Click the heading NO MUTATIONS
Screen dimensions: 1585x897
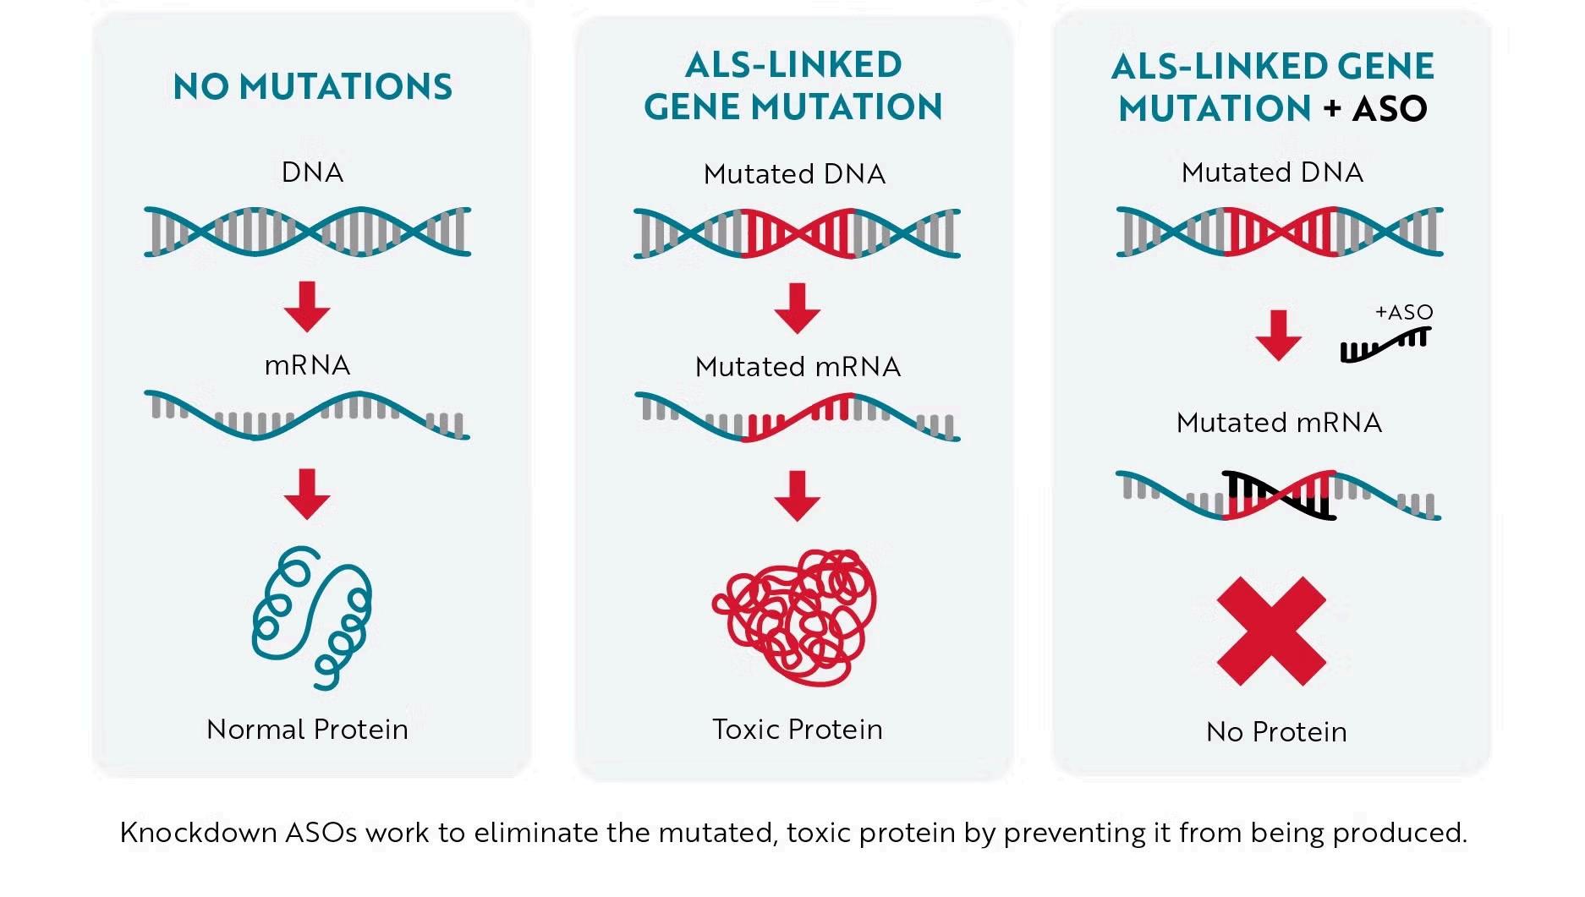313,87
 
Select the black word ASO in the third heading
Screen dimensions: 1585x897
1390,108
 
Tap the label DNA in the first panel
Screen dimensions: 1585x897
312,172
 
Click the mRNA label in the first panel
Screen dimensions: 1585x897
307,365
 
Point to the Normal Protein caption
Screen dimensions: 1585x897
307,730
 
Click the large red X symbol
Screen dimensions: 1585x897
1271,631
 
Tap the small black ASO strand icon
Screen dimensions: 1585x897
1385,345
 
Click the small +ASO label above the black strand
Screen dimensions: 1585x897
1404,312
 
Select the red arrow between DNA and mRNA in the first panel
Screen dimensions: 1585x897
307,307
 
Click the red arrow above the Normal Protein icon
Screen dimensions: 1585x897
307,495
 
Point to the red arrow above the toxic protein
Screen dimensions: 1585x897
797,496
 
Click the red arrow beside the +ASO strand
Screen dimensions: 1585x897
1278,336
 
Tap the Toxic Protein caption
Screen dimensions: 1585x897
798,730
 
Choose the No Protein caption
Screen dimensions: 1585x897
1276,732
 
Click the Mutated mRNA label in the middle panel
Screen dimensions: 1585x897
798,367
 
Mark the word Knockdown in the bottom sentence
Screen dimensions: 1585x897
198,833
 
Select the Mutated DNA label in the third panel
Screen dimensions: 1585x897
1272,172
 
